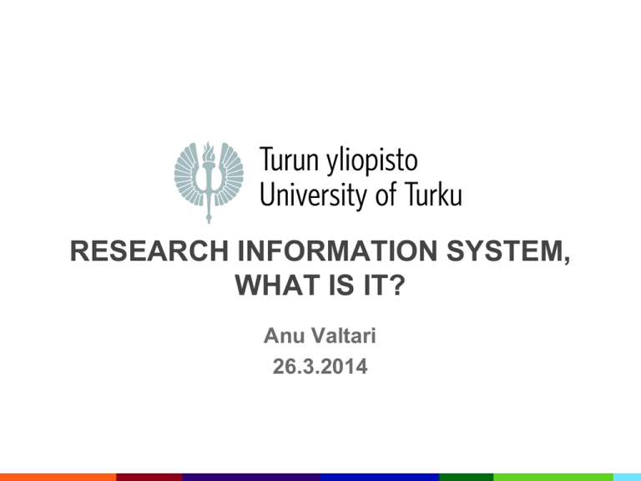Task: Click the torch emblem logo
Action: point(209,182)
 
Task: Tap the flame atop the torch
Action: point(209,151)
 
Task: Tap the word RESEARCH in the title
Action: point(149,251)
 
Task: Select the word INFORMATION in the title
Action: point(338,251)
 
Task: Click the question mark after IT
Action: point(396,285)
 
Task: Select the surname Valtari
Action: point(344,336)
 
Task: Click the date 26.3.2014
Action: point(320,367)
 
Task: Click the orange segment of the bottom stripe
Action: point(58,478)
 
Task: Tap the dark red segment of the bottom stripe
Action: point(149,478)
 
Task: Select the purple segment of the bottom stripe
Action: point(250,478)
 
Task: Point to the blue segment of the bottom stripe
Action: point(380,478)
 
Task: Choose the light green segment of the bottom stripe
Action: point(553,478)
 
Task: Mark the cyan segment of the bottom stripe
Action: point(627,478)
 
